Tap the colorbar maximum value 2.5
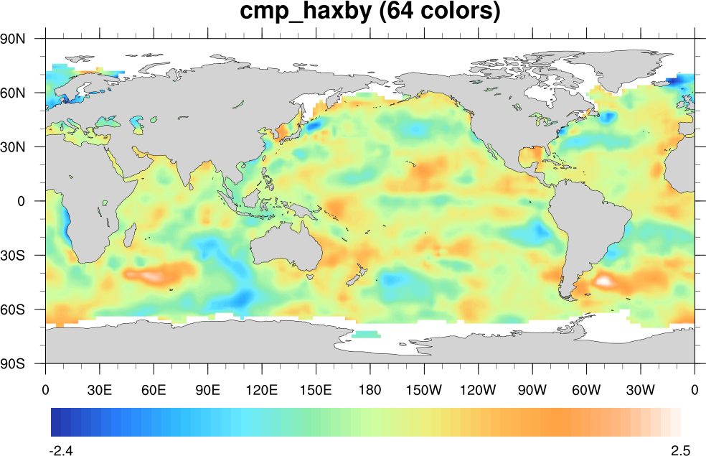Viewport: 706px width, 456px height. [x=680, y=451]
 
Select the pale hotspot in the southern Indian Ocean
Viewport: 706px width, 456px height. [x=151, y=275]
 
